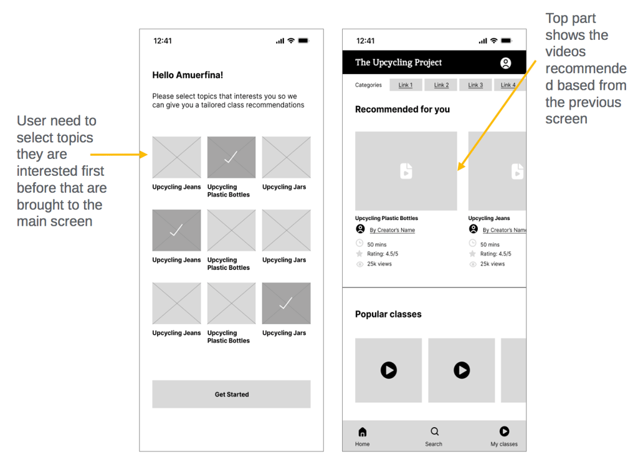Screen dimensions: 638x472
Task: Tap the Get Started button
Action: [231, 394]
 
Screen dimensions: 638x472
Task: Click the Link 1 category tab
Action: [406, 85]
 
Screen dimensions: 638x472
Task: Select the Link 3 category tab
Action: [475, 85]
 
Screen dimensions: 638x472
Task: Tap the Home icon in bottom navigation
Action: [362, 431]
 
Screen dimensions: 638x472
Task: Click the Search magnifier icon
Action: [434, 431]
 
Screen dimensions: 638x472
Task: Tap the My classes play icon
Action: [504, 431]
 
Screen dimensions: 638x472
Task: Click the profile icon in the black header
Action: [505, 63]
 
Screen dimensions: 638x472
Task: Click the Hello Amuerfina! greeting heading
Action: [188, 75]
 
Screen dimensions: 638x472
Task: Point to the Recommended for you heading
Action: [402, 109]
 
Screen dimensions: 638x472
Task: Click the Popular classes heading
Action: [388, 314]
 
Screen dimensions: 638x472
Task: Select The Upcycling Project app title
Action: [398, 62]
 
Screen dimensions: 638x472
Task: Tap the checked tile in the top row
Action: [232, 157]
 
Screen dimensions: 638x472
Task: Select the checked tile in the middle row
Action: [176, 230]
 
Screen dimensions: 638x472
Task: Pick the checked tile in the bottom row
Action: [286, 304]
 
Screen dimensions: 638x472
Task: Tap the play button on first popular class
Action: [389, 370]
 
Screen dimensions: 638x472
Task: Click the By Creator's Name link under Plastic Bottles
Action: [393, 230]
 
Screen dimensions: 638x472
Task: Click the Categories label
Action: [368, 85]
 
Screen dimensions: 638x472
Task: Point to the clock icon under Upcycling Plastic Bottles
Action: [359, 243]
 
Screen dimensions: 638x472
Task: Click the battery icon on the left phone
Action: [303, 41]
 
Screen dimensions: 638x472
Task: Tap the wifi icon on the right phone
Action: [493, 41]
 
